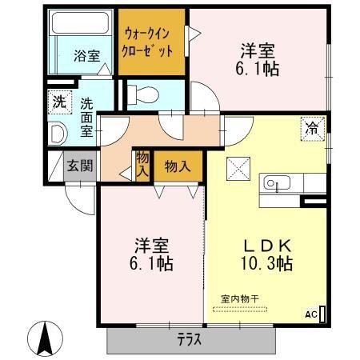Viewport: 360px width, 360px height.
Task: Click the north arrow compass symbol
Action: [45, 338]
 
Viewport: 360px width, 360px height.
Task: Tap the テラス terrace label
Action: [190, 340]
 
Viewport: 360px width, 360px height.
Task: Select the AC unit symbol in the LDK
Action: [322, 314]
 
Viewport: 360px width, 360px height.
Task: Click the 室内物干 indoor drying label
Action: [240, 298]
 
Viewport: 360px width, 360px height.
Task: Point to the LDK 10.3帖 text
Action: [267, 254]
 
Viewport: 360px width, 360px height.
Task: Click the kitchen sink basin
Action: [277, 182]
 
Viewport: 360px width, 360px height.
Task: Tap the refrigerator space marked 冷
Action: [313, 129]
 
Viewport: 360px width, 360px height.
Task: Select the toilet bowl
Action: [143, 94]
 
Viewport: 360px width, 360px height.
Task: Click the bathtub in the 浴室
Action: [80, 22]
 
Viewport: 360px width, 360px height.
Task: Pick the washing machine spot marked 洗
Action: [60, 102]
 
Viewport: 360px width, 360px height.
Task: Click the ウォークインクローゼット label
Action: [147, 42]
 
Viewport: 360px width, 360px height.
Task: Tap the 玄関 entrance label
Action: [80, 166]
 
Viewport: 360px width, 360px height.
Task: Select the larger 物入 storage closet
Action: [178, 167]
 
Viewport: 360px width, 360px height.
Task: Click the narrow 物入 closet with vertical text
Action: [142, 166]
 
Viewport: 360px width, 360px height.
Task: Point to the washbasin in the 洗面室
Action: [58, 134]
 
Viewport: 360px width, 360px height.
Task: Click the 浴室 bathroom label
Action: [87, 55]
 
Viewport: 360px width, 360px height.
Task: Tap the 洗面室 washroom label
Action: [87, 118]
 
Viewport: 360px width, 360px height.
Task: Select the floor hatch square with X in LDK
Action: [238, 169]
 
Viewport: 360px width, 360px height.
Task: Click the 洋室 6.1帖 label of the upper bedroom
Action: [258, 60]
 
